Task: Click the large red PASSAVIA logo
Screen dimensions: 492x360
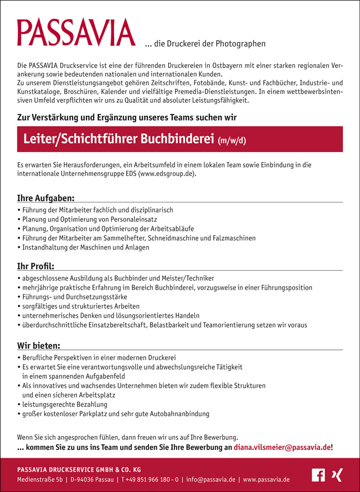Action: pos(76,33)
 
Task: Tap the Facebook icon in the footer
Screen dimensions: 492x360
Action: pos(318,475)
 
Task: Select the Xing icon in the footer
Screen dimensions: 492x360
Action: pos(336,475)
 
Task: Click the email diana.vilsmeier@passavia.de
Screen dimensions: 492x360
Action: pos(282,447)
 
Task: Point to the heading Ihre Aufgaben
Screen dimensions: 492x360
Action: pos(46,198)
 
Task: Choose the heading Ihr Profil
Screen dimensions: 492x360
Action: pos(35,266)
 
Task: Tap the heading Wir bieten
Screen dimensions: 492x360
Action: pos(39,346)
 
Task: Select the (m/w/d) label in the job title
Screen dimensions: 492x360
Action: pos(232,141)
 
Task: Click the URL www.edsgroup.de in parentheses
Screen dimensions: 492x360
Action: pos(168,173)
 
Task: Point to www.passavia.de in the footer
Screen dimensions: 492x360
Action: pos(266,479)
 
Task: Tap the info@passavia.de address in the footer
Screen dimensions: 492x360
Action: pos(211,479)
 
